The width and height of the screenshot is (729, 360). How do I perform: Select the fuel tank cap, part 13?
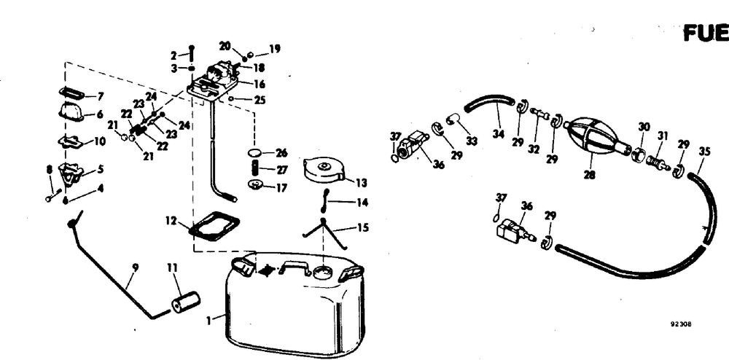click(x=320, y=169)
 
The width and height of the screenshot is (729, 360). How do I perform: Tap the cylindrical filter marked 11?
click(x=185, y=300)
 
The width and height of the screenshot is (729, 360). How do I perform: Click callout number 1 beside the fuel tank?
click(x=210, y=318)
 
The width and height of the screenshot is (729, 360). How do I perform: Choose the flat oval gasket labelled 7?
click(x=71, y=93)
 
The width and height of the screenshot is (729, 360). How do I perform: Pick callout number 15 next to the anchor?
click(x=362, y=227)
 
